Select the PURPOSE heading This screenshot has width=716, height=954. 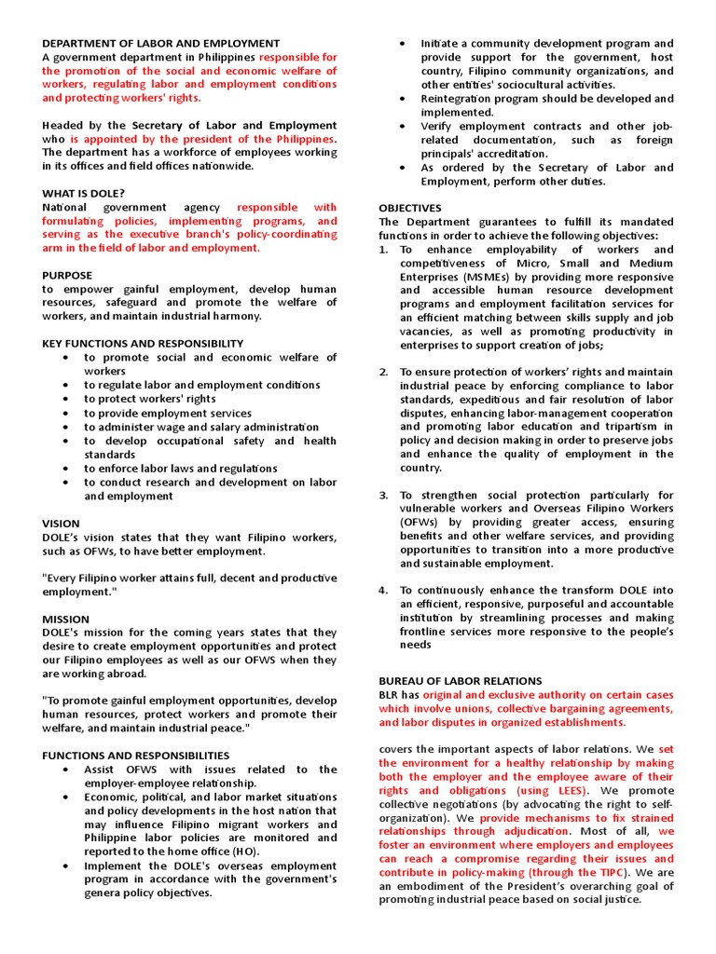67,275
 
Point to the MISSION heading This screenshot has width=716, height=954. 65,619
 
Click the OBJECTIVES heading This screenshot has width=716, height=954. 410,208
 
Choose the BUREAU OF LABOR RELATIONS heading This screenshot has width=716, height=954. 460,681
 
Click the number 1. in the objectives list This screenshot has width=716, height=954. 383,250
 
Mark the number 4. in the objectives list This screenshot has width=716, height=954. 383,590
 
